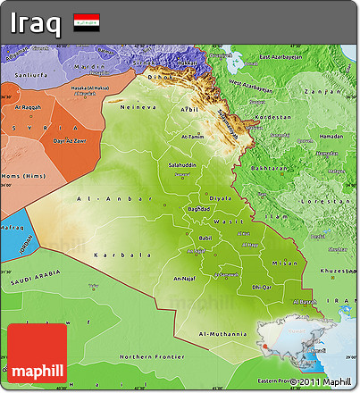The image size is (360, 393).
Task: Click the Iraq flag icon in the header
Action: (x=87, y=22)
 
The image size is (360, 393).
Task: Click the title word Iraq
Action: (x=36, y=22)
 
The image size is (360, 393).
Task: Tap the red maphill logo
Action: (x=36, y=354)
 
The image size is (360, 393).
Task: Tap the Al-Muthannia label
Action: (x=223, y=333)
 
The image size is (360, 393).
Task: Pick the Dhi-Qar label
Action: (x=261, y=287)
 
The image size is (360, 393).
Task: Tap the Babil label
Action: (x=205, y=238)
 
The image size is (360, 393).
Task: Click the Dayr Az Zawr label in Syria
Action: (x=69, y=141)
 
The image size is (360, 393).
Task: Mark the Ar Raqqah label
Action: (x=29, y=106)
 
